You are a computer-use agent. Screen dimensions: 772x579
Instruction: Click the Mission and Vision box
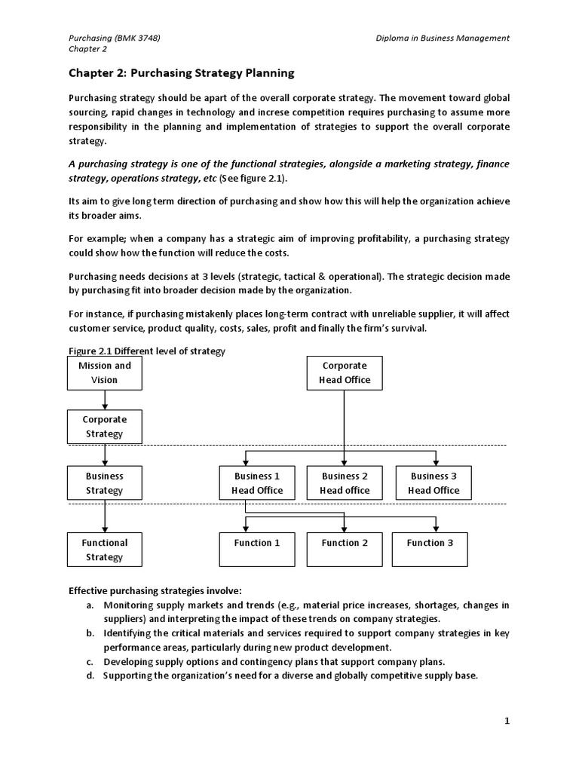[x=105, y=372]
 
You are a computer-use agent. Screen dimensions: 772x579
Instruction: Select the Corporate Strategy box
[x=105, y=427]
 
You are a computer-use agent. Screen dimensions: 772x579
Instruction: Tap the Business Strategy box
[x=105, y=483]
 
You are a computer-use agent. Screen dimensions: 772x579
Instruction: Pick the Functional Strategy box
[x=105, y=550]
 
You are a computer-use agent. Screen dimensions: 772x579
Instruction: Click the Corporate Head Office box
[x=345, y=372]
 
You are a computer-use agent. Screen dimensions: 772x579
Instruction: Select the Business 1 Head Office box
[x=257, y=483]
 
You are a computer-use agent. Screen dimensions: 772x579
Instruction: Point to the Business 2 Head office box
[x=345, y=483]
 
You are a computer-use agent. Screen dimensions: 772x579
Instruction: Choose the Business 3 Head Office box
[x=433, y=483]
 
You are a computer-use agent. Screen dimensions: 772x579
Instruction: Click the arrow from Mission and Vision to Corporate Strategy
[x=105, y=400]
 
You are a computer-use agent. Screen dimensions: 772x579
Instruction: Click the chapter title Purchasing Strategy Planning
[x=181, y=73]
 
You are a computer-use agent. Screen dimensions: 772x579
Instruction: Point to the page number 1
[x=507, y=721]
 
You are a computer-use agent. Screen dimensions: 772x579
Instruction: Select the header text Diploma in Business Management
[x=443, y=38]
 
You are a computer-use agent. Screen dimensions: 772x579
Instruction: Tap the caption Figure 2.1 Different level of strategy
[x=147, y=351]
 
